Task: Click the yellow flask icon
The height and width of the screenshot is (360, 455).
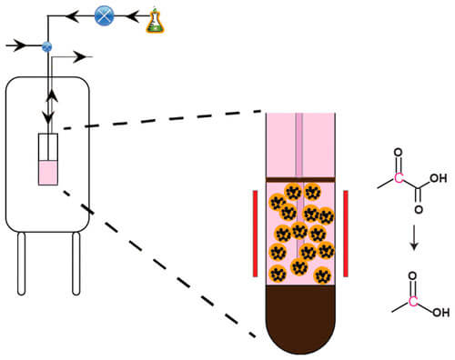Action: click(157, 20)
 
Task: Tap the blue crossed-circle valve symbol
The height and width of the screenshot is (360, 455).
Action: click(103, 15)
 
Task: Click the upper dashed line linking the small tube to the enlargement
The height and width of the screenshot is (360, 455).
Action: click(164, 121)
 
